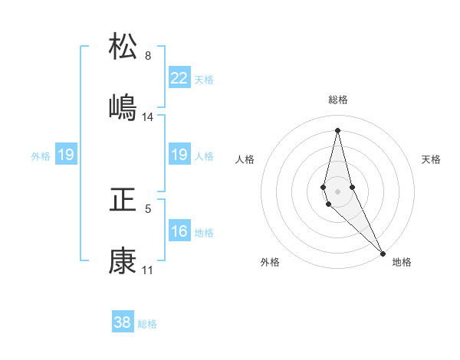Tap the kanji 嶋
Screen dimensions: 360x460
tap(123, 107)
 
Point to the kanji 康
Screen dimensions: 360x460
tap(123, 261)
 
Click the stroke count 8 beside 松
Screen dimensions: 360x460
tap(148, 56)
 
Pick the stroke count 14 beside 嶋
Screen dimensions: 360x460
tap(148, 117)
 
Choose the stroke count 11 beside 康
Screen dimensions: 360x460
tap(148, 270)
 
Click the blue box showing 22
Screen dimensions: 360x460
tap(179, 78)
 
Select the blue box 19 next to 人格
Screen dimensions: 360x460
tap(179, 155)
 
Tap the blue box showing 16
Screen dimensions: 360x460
tap(179, 231)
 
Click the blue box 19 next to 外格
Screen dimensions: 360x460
tap(66, 155)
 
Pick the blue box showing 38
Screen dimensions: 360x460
tap(123, 322)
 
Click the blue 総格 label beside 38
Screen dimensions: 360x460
tap(147, 324)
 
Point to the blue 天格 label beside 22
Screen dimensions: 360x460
tap(203, 80)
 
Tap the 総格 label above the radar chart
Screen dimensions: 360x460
tap(338, 100)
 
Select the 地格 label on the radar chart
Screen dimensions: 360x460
tap(402, 262)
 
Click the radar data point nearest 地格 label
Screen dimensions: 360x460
tap(383, 254)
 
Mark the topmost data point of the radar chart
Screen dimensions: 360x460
tap(337, 129)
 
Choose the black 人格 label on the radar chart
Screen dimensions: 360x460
tap(245, 159)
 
